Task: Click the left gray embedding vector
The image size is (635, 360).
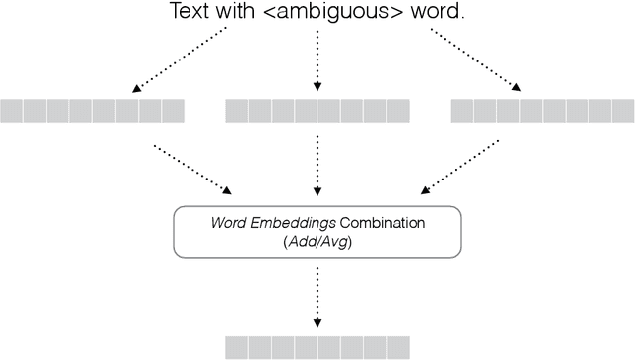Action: [92, 111]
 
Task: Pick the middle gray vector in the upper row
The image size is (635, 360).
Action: [317, 111]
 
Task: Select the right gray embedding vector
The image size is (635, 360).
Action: [543, 111]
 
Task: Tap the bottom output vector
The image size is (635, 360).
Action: [317, 346]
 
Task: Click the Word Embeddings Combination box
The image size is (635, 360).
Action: [317, 232]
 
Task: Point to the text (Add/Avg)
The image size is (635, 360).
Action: [317, 241]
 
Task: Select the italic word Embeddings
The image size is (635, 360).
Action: [297, 224]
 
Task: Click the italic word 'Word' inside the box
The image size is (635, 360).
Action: [228, 224]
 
